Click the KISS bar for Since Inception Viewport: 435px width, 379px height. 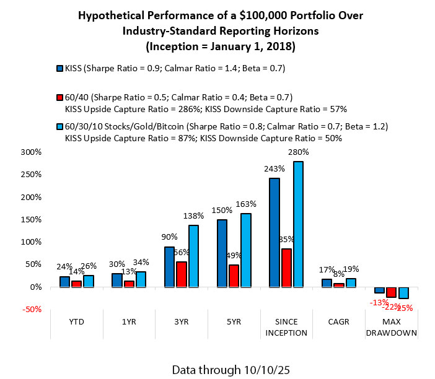pos(275,232)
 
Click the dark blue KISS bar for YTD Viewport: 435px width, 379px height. pos(64,282)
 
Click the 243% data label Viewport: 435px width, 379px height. pos(274,168)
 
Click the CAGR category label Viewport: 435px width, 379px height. pos(340,323)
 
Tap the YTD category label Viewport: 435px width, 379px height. pos(77,323)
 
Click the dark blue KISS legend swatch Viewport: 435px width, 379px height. pos(59,68)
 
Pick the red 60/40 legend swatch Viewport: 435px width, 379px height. pos(59,97)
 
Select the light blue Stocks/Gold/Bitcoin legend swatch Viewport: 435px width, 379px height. pos(59,127)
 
